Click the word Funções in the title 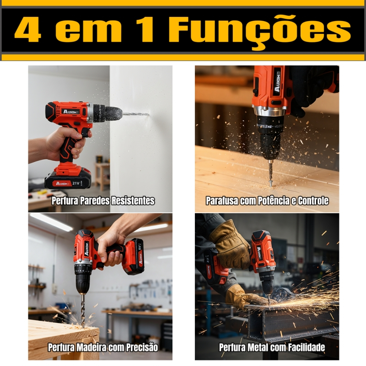click(259, 30)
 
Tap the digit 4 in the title click(28, 29)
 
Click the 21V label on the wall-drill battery click(76, 183)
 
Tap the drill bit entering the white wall click(136, 114)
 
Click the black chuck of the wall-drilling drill click(108, 113)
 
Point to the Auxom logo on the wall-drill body click(71, 112)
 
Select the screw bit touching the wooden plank click(270, 173)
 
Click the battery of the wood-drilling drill click(133, 257)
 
